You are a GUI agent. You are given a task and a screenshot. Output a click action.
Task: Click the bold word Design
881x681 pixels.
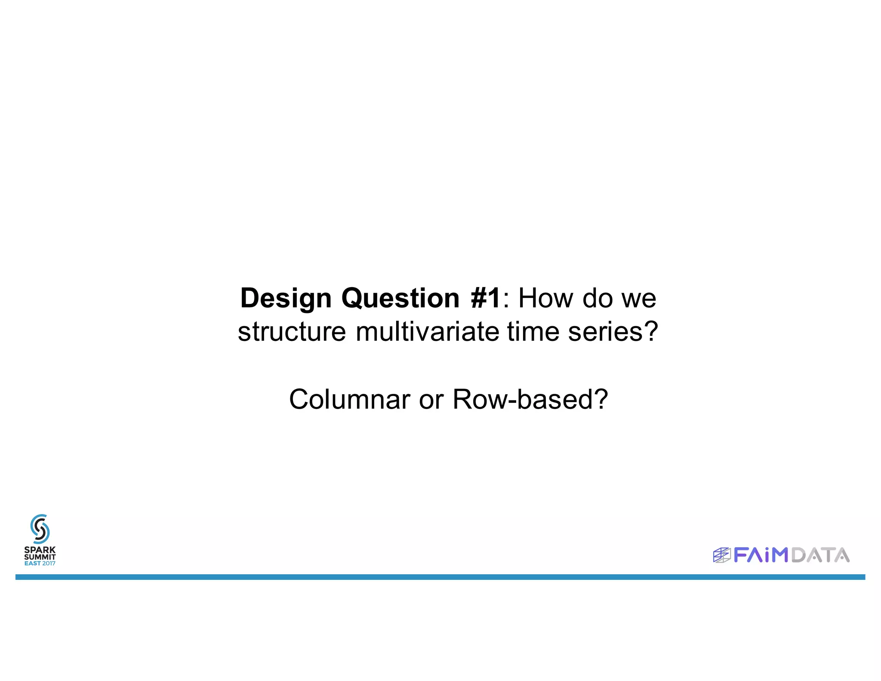tap(286, 298)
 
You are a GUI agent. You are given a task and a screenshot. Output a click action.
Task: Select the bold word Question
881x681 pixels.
tap(400, 298)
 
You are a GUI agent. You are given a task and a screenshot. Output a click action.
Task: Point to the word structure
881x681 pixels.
tap(292, 332)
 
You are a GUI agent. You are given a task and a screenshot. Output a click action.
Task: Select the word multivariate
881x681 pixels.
tap(428, 332)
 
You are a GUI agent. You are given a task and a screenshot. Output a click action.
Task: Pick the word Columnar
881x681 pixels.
tap(349, 399)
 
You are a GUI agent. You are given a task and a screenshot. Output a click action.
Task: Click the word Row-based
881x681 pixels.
tap(530, 399)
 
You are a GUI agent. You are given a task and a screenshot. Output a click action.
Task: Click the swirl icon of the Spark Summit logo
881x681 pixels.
tap(40, 529)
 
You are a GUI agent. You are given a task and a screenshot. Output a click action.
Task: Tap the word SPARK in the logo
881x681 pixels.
tap(40, 550)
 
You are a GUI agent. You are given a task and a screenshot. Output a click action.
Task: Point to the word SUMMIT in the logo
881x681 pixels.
tap(40, 557)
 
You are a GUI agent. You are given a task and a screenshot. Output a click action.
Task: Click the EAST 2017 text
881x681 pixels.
tap(40, 563)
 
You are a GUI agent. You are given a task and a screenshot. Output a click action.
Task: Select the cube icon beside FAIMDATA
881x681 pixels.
tap(721, 555)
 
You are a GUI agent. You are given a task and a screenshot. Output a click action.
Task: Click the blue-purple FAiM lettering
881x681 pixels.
tap(761, 555)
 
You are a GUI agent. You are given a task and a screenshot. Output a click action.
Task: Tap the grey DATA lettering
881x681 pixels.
tap(820, 555)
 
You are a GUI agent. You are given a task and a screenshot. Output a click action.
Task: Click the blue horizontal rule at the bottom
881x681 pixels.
tap(440, 577)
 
